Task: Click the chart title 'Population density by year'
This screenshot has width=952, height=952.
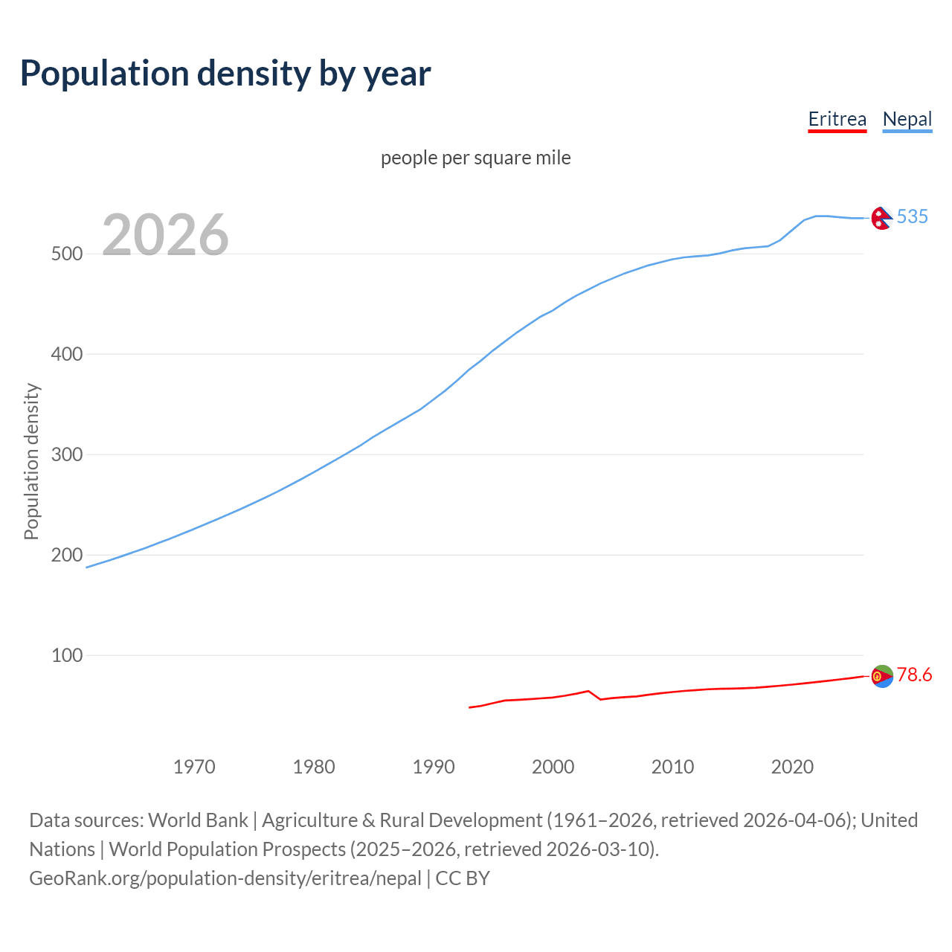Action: (225, 74)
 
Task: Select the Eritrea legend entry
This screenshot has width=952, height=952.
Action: (837, 119)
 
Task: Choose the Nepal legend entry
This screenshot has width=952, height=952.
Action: (907, 119)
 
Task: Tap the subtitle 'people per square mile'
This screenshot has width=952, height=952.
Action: (475, 158)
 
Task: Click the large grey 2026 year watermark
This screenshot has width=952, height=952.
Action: (165, 235)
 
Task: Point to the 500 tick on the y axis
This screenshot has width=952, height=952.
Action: (66, 254)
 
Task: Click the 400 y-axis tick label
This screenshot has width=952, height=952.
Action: (66, 354)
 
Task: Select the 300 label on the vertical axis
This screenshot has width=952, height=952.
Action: (66, 454)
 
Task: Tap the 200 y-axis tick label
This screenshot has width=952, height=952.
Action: (66, 555)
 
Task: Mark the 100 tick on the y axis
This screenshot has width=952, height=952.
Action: (66, 655)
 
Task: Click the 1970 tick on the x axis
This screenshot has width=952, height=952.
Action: (194, 767)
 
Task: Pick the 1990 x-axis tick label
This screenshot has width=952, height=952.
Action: (434, 767)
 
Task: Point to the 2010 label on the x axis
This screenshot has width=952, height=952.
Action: (672, 767)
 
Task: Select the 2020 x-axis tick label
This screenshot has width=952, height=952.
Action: (792, 767)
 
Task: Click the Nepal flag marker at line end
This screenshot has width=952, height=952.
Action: (881, 218)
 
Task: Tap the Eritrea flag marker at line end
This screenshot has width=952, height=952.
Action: (882, 676)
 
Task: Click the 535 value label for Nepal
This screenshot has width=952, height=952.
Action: (912, 216)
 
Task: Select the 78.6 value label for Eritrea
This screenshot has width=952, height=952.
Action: (914, 675)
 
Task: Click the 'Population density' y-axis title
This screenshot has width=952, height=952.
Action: (31, 461)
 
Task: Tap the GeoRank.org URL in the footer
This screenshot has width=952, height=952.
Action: (225, 878)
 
